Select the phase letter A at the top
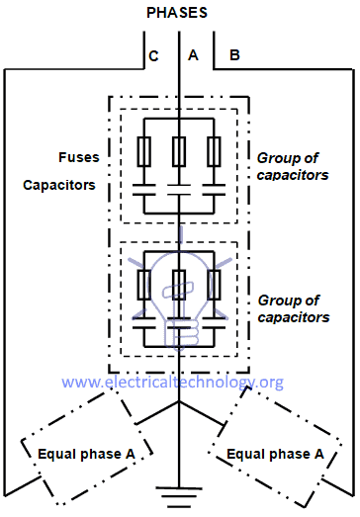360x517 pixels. click(x=194, y=55)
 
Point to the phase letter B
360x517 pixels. click(x=233, y=55)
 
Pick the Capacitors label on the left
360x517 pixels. click(x=61, y=186)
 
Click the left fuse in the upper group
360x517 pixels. click(x=145, y=150)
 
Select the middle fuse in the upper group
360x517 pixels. click(x=179, y=150)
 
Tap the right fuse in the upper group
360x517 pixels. click(x=213, y=150)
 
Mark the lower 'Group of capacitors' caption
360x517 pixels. click(x=293, y=308)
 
